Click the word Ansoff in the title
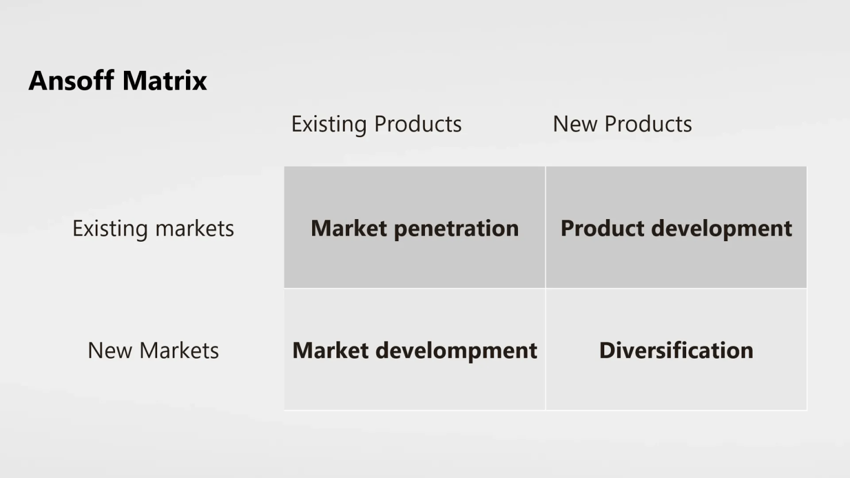click(x=71, y=80)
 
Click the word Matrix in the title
click(x=165, y=80)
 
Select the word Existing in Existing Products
click(x=329, y=124)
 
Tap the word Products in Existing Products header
click(x=418, y=124)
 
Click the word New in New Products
click(x=575, y=124)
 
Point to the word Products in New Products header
click(x=648, y=124)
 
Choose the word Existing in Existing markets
click(x=110, y=229)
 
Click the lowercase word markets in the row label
click(x=195, y=228)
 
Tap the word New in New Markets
click(x=110, y=350)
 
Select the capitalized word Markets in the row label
click(x=179, y=350)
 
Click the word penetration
click(x=456, y=229)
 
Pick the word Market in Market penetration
click(x=349, y=228)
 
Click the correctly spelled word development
click(x=722, y=229)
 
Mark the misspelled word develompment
click(x=456, y=351)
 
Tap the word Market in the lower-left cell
click(x=330, y=350)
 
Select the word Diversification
click(x=676, y=350)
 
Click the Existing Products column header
click(x=376, y=124)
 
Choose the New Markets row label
click(x=153, y=350)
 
